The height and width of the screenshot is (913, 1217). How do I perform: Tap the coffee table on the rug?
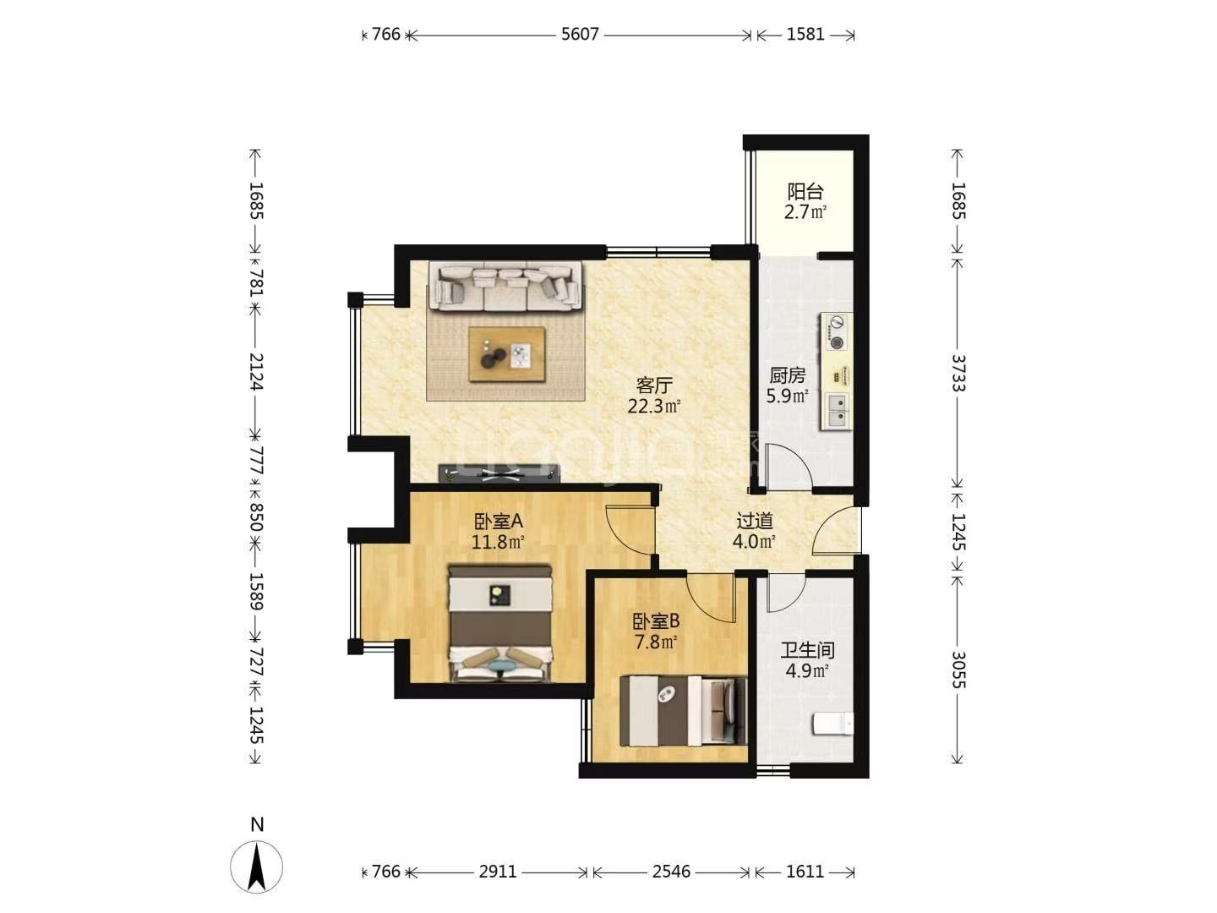click(507, 354)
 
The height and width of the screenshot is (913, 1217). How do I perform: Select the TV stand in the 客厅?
click(499, 473)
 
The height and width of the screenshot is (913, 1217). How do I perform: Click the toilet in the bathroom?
click(832, 724)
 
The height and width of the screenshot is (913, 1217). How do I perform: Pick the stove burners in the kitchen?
click(837, 332)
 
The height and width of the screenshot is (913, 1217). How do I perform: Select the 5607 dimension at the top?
click(580, 35)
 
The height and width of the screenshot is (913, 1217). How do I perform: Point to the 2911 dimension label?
click(497, 872)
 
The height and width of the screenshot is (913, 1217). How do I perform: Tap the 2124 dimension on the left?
click(255, 371)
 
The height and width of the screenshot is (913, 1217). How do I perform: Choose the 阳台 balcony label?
click(805, 191)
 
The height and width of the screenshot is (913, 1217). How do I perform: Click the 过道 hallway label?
click(755, 521)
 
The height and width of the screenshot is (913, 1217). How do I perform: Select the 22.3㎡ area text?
click(653, 407)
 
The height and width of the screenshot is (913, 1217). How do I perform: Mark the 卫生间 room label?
click(807, 650)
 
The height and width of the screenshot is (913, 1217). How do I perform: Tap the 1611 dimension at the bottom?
click(805, 872)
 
